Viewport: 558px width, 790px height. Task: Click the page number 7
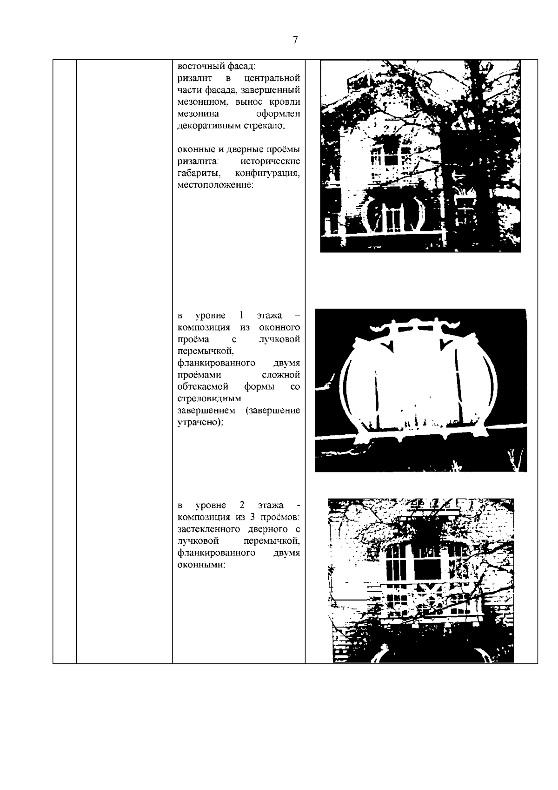[x=295, y=40]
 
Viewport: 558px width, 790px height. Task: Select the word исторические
[x=271, y=161]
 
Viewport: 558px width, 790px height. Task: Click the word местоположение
[x=215, y=185]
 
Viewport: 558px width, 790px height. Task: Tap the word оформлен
[x=278, y=114]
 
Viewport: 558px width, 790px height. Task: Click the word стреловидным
[x=209, y=398]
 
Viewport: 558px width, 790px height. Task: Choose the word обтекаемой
[x=203, y=386]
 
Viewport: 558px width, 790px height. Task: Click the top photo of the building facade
[x=421, y=156]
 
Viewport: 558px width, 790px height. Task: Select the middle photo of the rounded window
[x=421, y=390]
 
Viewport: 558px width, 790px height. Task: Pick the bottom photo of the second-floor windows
[x=421, y=581]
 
